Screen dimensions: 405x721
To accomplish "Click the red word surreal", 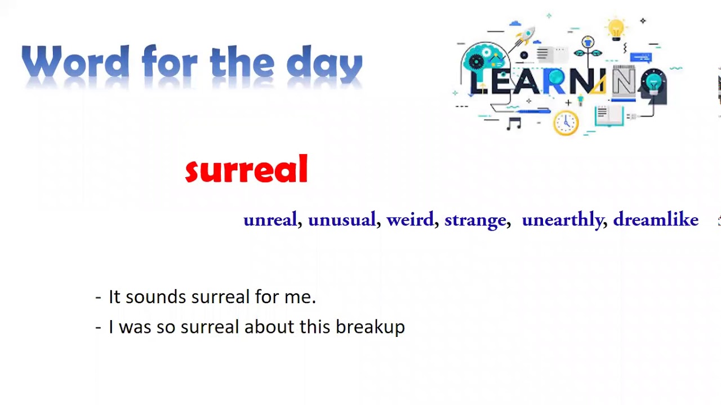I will pyautogui.click(x=246, y=169).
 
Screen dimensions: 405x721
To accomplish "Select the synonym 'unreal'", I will pyautogui.click(x=270, y=219).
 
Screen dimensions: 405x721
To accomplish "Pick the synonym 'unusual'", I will pyautogui.click(x=341, y=219).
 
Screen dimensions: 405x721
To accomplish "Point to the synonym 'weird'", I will pyautogui.click(x=410, y=219).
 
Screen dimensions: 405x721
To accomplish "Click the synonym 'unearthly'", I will pyautogui.click(x=562, y=220).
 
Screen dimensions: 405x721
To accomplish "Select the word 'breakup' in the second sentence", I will pyautogui.click(x=370, y=327).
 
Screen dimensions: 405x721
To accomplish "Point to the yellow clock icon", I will pyautogui.click(x=566, y=122).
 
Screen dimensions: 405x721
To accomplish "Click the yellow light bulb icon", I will pyautogui.click(x=616, y=28).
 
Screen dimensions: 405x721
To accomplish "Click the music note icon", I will pyautogui.click(x=513, y=123).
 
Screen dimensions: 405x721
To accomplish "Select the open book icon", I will pyautogui.click(x=608, y=116).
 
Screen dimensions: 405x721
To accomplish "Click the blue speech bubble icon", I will pyautogui.click(x=640, y=57).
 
